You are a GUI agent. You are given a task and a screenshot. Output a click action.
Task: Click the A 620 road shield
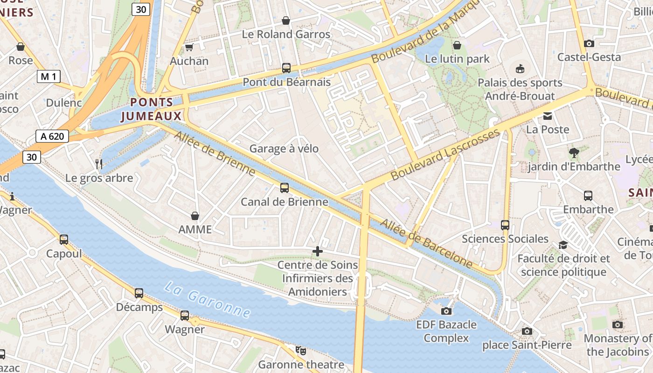[52, 136]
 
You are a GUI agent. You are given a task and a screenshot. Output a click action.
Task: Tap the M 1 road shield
[49, 76]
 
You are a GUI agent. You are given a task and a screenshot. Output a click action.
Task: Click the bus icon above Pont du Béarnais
[286, 68]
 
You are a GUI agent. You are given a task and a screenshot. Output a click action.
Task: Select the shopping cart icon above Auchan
[189, 47]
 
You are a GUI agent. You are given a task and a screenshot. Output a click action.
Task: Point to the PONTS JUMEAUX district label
[152, 109]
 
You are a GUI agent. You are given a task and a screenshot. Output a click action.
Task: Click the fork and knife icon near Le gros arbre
[98, 164]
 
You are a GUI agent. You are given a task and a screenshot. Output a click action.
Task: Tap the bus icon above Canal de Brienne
[284, 188]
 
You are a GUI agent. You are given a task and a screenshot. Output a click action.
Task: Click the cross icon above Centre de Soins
[318, 252]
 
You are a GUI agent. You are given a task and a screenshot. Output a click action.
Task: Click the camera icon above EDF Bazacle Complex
[446, 311]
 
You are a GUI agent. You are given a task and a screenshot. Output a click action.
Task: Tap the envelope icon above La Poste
[547, 116]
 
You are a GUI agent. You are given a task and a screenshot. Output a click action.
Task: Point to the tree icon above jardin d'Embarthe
[574, 152]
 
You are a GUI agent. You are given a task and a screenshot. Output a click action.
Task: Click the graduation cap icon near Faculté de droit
[563, 245]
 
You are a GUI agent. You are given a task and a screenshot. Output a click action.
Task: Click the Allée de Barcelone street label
[426, 243]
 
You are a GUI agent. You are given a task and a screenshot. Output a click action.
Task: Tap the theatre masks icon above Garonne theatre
[301, 350]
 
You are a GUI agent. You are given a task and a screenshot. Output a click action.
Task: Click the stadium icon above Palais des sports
[520, 69]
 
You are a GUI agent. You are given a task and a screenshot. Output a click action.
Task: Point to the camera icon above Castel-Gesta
[589, 43]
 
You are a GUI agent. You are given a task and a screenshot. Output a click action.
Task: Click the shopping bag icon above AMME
[195, 216]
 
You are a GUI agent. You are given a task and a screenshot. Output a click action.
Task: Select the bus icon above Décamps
[139, 293]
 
